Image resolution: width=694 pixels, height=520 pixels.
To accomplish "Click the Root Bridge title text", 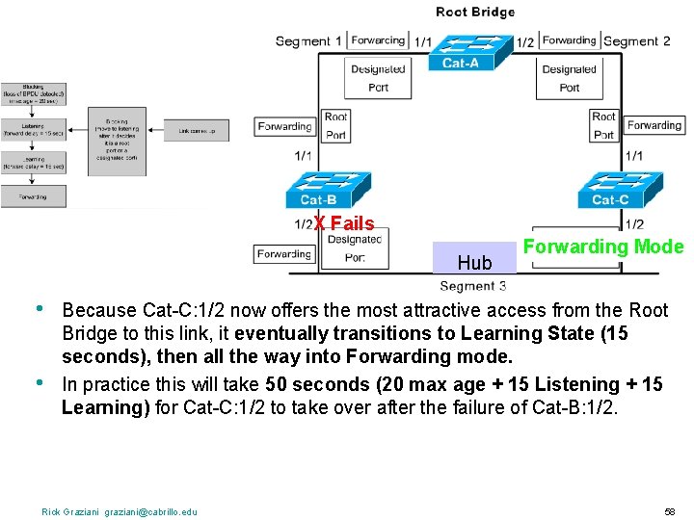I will pyautogui.click(x=475, y=13).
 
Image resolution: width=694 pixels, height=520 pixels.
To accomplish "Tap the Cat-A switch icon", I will pyautogui.click(x=460, y=53).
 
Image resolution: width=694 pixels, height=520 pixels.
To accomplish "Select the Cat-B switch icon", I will pyautogui.click(x=318, y=190).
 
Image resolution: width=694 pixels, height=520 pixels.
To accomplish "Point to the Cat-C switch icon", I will pyautogui.click(x=609, y=190).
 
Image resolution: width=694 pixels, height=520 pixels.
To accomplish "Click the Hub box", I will pyautogui.click(x=474, y=257).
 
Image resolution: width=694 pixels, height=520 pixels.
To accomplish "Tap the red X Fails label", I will pyautogui.click(x=344, y=224).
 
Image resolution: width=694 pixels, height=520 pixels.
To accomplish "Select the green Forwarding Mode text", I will pyautogui.click(x=602, y=247).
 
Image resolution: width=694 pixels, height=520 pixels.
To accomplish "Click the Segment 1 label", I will pyautogui.click(x=308, y=40).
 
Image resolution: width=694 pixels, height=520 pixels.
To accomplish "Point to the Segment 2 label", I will pyautogui.click(x=637, y=40).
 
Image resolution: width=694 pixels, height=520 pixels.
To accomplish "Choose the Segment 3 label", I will pyautogui.click(x=473, y=285).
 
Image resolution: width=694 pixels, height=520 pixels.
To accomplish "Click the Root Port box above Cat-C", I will pyautogui.click(x=603, y=125).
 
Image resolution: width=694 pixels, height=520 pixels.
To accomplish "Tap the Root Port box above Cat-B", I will pyautogui.click(x=335, y=125).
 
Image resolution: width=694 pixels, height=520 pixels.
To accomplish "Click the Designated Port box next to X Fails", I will pyautogui.click(x=355, y=248).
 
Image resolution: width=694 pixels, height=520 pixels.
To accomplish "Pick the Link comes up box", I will pyautogui.click(x=202, y=130).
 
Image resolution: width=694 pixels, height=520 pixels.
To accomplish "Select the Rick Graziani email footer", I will pyautogui.click(x=120, y=511).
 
